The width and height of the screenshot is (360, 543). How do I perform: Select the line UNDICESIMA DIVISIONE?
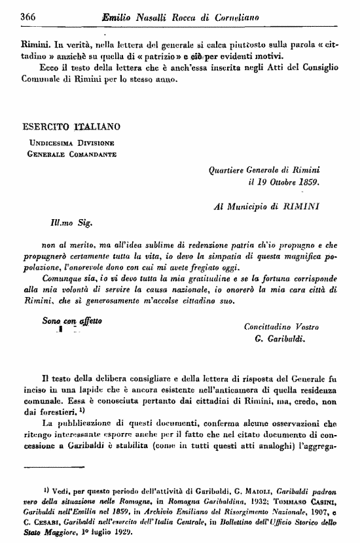[x=71, y=143]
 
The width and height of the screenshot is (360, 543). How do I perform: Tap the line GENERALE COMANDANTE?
[x=71, y=154]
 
